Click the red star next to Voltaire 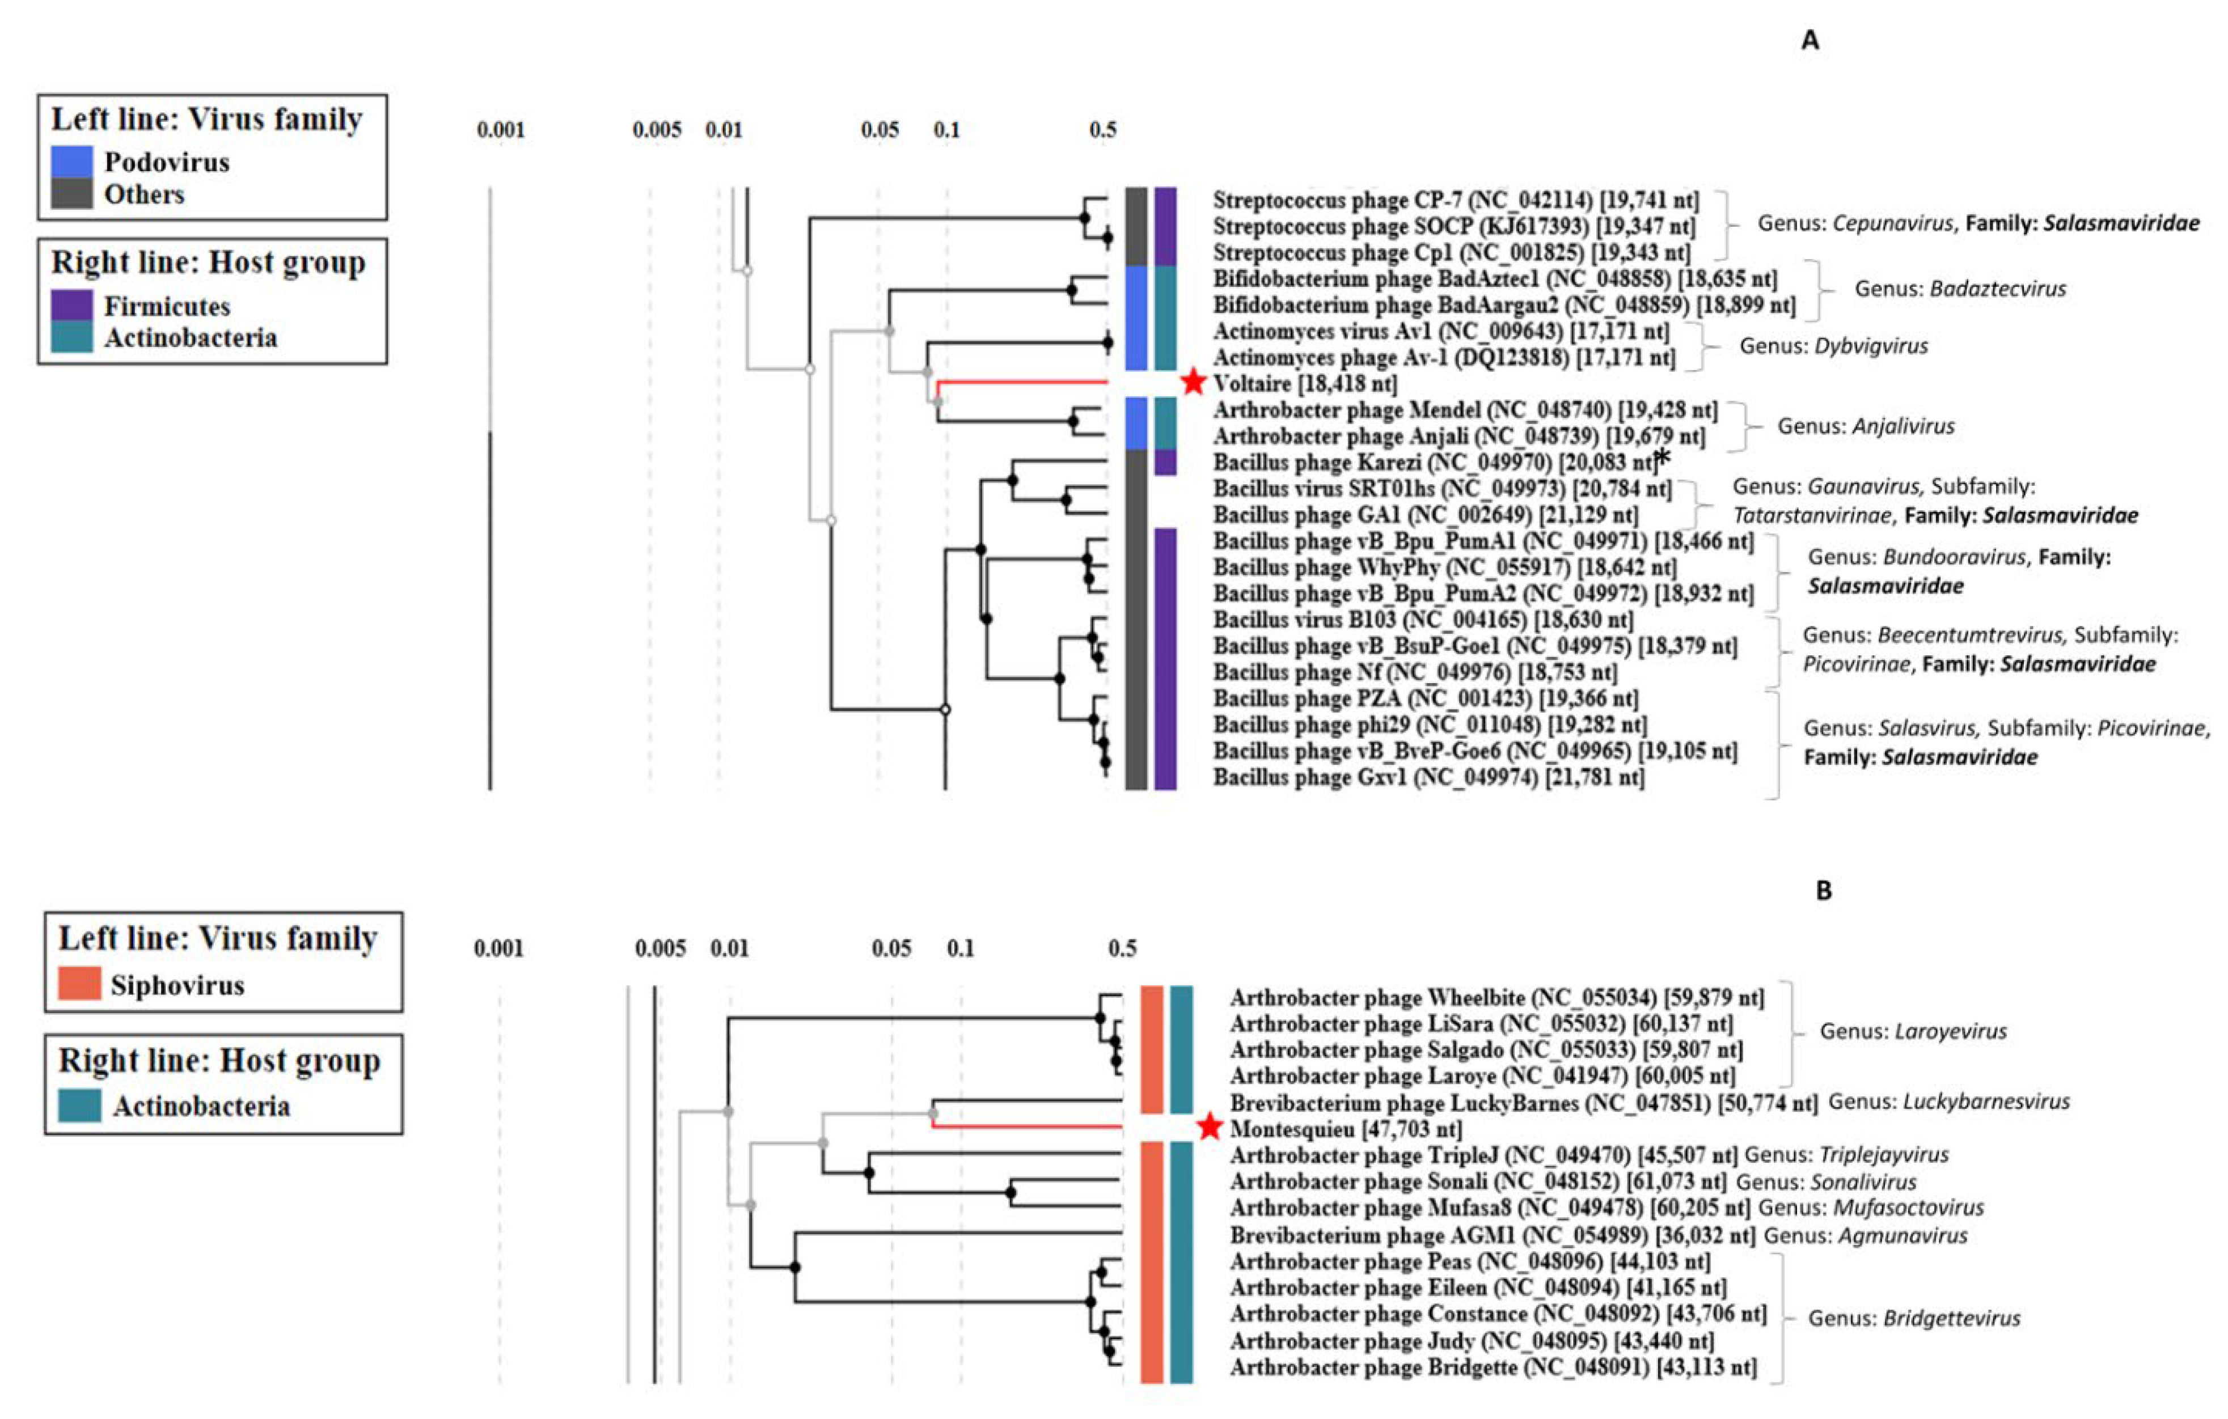(x=1194, y=381)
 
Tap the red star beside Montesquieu (x=1210, y=1126)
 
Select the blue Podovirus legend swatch (x=71, y=162)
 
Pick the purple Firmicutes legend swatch (x=71, y=305)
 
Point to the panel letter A (x=1809, y=41)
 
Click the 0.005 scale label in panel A (x=656, y=129)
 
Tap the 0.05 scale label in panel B (x=890, y=948)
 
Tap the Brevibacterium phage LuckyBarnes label (x=1522, y=1103)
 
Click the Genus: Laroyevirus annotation (x=1913, y=1031)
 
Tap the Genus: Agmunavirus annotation (x=1865, y=1235)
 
